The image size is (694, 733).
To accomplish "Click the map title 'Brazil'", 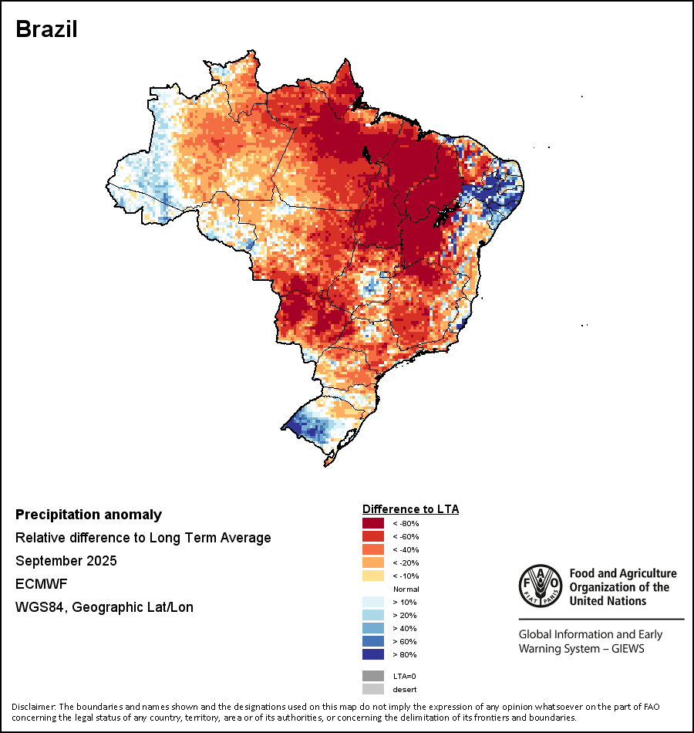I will (46, 29).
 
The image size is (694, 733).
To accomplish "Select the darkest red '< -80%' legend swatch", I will (373, 523).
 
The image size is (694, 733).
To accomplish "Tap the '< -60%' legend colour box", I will (373, 536).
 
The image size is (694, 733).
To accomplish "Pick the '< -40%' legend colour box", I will (373, 549).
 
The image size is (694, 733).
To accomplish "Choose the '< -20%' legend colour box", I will (373, 562).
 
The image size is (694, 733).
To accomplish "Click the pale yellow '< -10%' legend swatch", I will (373, 576).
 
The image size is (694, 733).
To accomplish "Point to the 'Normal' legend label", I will (406, 589).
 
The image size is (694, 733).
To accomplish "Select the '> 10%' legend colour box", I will (373, 602).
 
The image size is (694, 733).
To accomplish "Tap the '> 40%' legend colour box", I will (373, 628).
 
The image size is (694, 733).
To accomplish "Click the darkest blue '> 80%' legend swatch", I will (373, 654).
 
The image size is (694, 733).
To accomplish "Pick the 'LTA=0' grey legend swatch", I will (373, 676).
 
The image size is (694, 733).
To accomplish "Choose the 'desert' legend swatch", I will (373, 689).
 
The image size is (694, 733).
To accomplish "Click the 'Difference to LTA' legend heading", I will (410, 509).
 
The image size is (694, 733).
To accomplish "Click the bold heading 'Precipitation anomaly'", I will (89, 515).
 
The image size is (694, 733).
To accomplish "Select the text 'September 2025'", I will (66, 561).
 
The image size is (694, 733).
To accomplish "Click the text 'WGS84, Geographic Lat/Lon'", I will (104, 607).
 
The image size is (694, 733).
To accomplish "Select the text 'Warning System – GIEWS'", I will (581, 648).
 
